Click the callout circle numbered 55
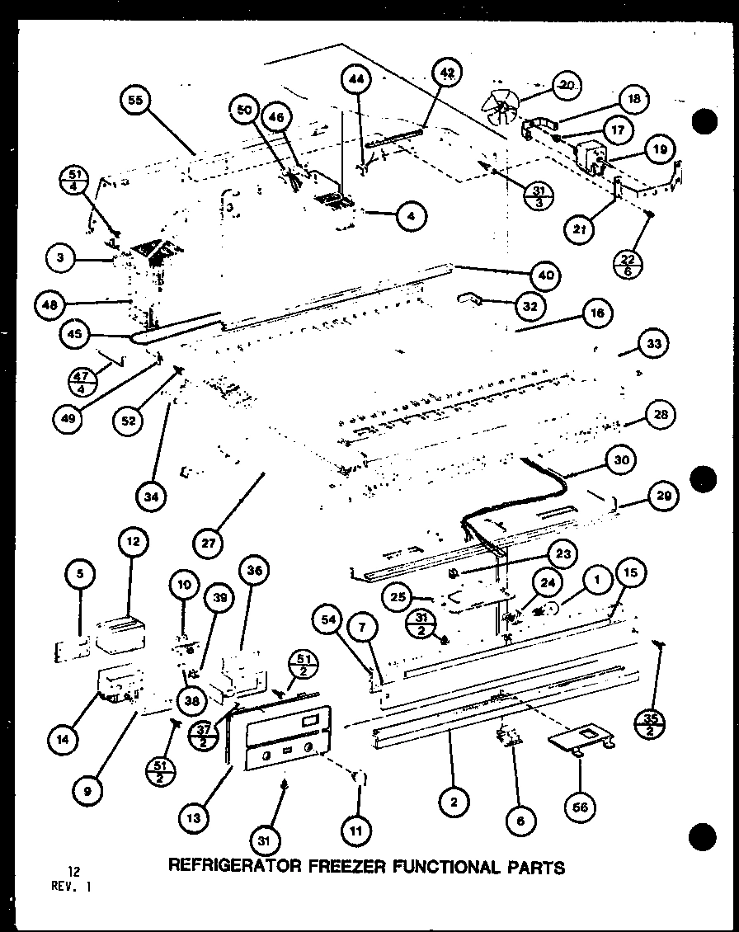click(134, 101)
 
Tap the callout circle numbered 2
click(454, 800)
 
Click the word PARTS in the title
click(533, 867)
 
